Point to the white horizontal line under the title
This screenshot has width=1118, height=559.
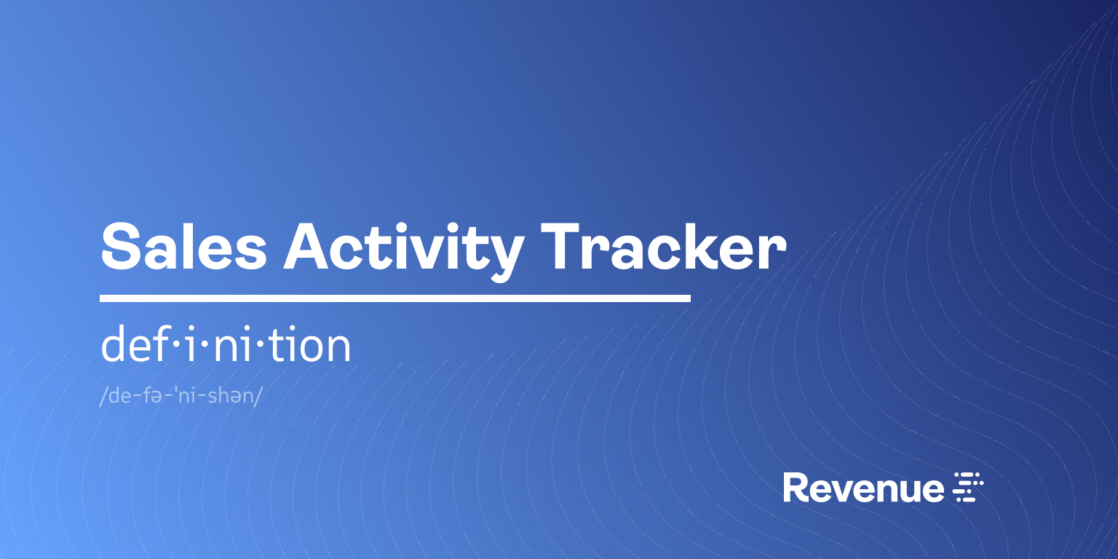[395, 298]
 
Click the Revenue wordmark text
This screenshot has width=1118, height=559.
[863, 488]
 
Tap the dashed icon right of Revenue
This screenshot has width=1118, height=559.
[969, 487]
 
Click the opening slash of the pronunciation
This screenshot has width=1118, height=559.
[103, 397]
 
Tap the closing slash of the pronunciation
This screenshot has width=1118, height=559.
[258, 397]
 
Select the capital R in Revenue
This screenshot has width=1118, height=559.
[796, 488]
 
